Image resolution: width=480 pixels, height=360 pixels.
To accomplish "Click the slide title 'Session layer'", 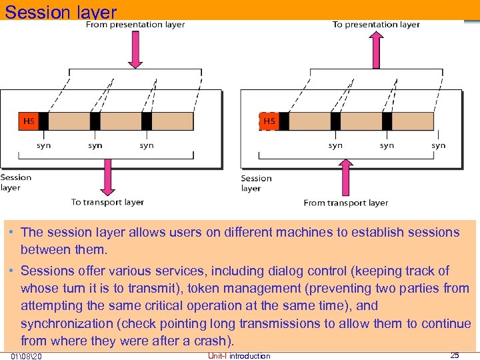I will coord(61,12).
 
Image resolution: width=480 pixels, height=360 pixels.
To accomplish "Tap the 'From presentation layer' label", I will coord(135,25).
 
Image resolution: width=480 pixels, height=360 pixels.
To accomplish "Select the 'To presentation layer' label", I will coord(376,25).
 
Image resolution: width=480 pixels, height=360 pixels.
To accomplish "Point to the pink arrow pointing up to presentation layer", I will coord(376,48).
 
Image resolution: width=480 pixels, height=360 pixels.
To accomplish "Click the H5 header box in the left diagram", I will coord(29,121).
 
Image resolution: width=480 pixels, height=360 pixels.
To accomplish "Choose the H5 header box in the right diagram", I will coord(269,121).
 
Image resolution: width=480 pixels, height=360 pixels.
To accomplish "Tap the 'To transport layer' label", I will coord(107,202).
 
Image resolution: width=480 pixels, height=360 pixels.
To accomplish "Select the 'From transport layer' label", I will coord(345,203).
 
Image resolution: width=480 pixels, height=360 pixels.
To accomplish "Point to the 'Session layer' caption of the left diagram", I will coord(15,182).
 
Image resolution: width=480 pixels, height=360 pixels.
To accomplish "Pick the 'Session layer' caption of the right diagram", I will coord(256,183).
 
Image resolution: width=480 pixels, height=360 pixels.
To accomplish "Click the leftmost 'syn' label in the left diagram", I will coord(43,145).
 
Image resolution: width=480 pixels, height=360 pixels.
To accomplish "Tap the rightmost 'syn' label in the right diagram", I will coord(438,145).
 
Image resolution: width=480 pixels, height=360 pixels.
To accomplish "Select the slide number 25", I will coord(455,355).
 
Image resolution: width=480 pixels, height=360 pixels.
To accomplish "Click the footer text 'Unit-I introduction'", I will coord(239,356).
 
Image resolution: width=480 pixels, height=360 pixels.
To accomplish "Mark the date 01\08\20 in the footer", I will coord(26,356).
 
